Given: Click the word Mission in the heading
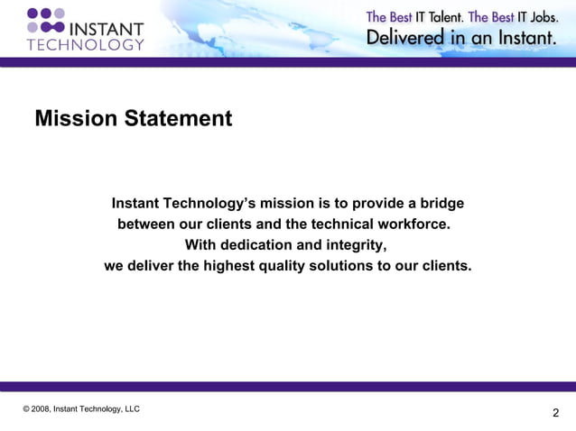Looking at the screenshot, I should [74, 118].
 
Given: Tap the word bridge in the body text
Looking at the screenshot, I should [441, 203].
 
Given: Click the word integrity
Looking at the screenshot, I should [355, 245].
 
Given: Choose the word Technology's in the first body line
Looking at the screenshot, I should [205, 203].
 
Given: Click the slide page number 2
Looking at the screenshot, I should [555, 413].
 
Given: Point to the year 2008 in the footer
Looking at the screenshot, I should [41, 408].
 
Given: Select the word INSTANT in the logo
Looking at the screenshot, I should [107, 28].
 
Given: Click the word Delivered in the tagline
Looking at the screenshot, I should [404, 39].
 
